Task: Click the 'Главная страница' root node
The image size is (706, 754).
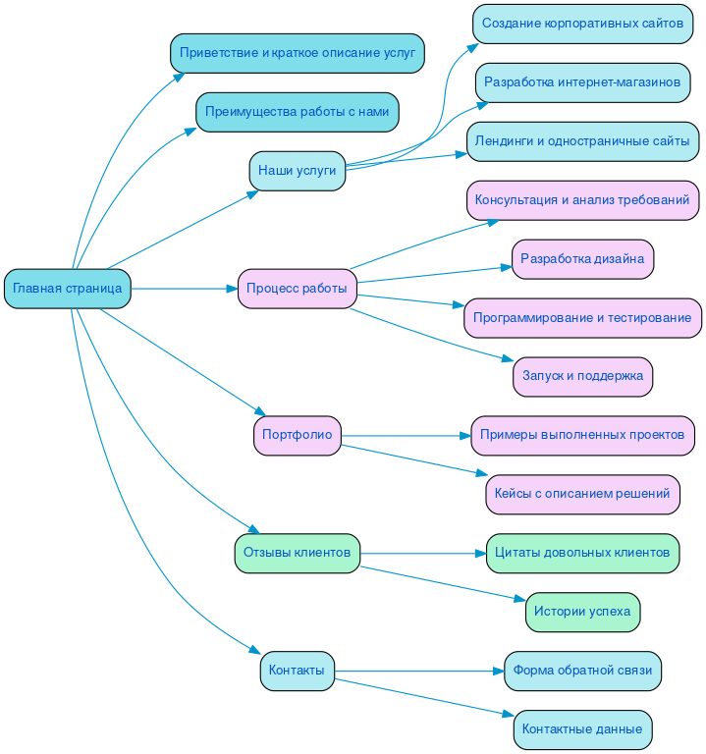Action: (x=68, y=289)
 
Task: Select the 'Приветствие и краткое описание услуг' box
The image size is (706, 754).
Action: (x=298, y=53)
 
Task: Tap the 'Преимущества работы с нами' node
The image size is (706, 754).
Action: (x=298, y=112)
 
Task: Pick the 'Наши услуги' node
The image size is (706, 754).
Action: (x=298, y=171)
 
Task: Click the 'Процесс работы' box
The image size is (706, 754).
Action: (x=298, y=289)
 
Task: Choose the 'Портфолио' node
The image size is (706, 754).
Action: (x=298, y=435)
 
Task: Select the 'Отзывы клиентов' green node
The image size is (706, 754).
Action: (x=298, y=553)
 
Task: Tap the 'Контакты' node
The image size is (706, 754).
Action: (x=298, y=671)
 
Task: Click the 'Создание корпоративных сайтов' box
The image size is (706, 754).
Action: (x=582, y=24)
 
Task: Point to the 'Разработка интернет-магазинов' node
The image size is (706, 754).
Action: (x=582, y=82)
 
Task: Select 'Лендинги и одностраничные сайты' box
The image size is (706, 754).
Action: (x=582, y=141)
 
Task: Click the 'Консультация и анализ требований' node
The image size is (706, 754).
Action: (x=582, y=200)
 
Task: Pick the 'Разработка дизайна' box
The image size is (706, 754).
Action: (x=582, y=259)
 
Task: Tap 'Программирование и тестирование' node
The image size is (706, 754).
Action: (x=582, y=318)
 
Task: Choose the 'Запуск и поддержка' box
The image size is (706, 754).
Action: (x=582, y=376)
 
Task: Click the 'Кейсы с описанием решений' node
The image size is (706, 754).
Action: (x=582, y=494)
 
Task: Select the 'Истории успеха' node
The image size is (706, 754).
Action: (x=582, y=612)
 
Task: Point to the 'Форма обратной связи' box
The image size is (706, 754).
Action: (x=582, y=671)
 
